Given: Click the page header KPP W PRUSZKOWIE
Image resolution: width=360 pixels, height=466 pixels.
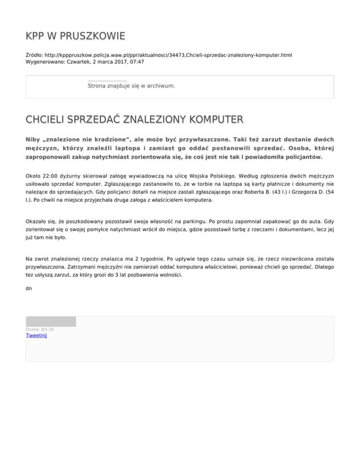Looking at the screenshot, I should (x=75, y=36).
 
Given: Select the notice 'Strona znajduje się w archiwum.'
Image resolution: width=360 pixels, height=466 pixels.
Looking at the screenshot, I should (x=131, y=86).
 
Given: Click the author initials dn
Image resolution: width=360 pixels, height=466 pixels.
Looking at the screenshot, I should (x=29, y=288).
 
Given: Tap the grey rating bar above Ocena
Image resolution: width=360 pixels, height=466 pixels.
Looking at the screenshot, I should (x=51, y=322).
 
